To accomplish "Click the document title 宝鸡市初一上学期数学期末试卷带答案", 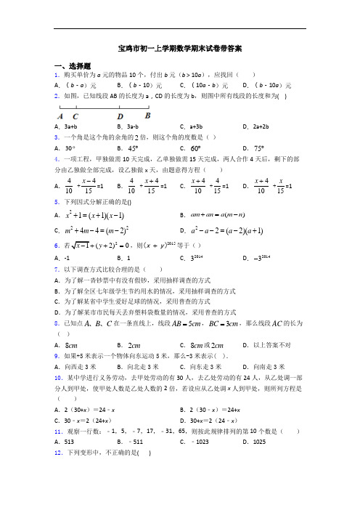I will pos(179,49).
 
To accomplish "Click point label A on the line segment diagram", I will pos(59,116).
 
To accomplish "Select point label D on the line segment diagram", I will pos(120,116).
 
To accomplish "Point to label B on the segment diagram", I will pos(147,115).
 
